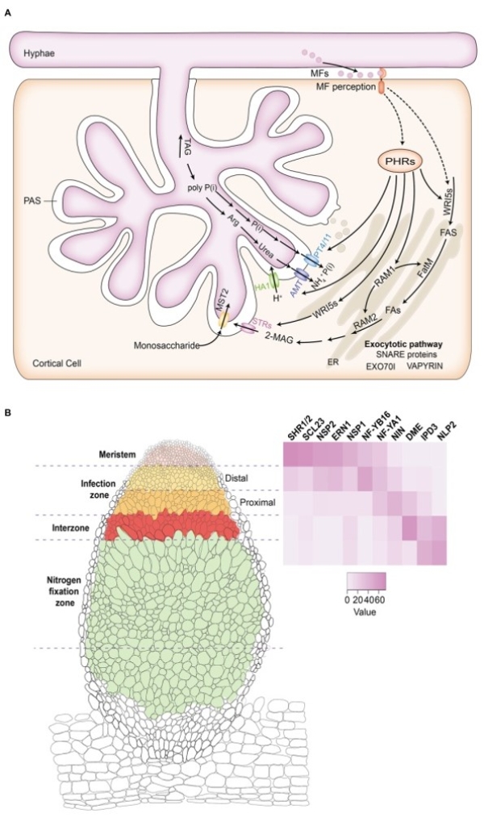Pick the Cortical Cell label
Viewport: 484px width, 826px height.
click(53, 364)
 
